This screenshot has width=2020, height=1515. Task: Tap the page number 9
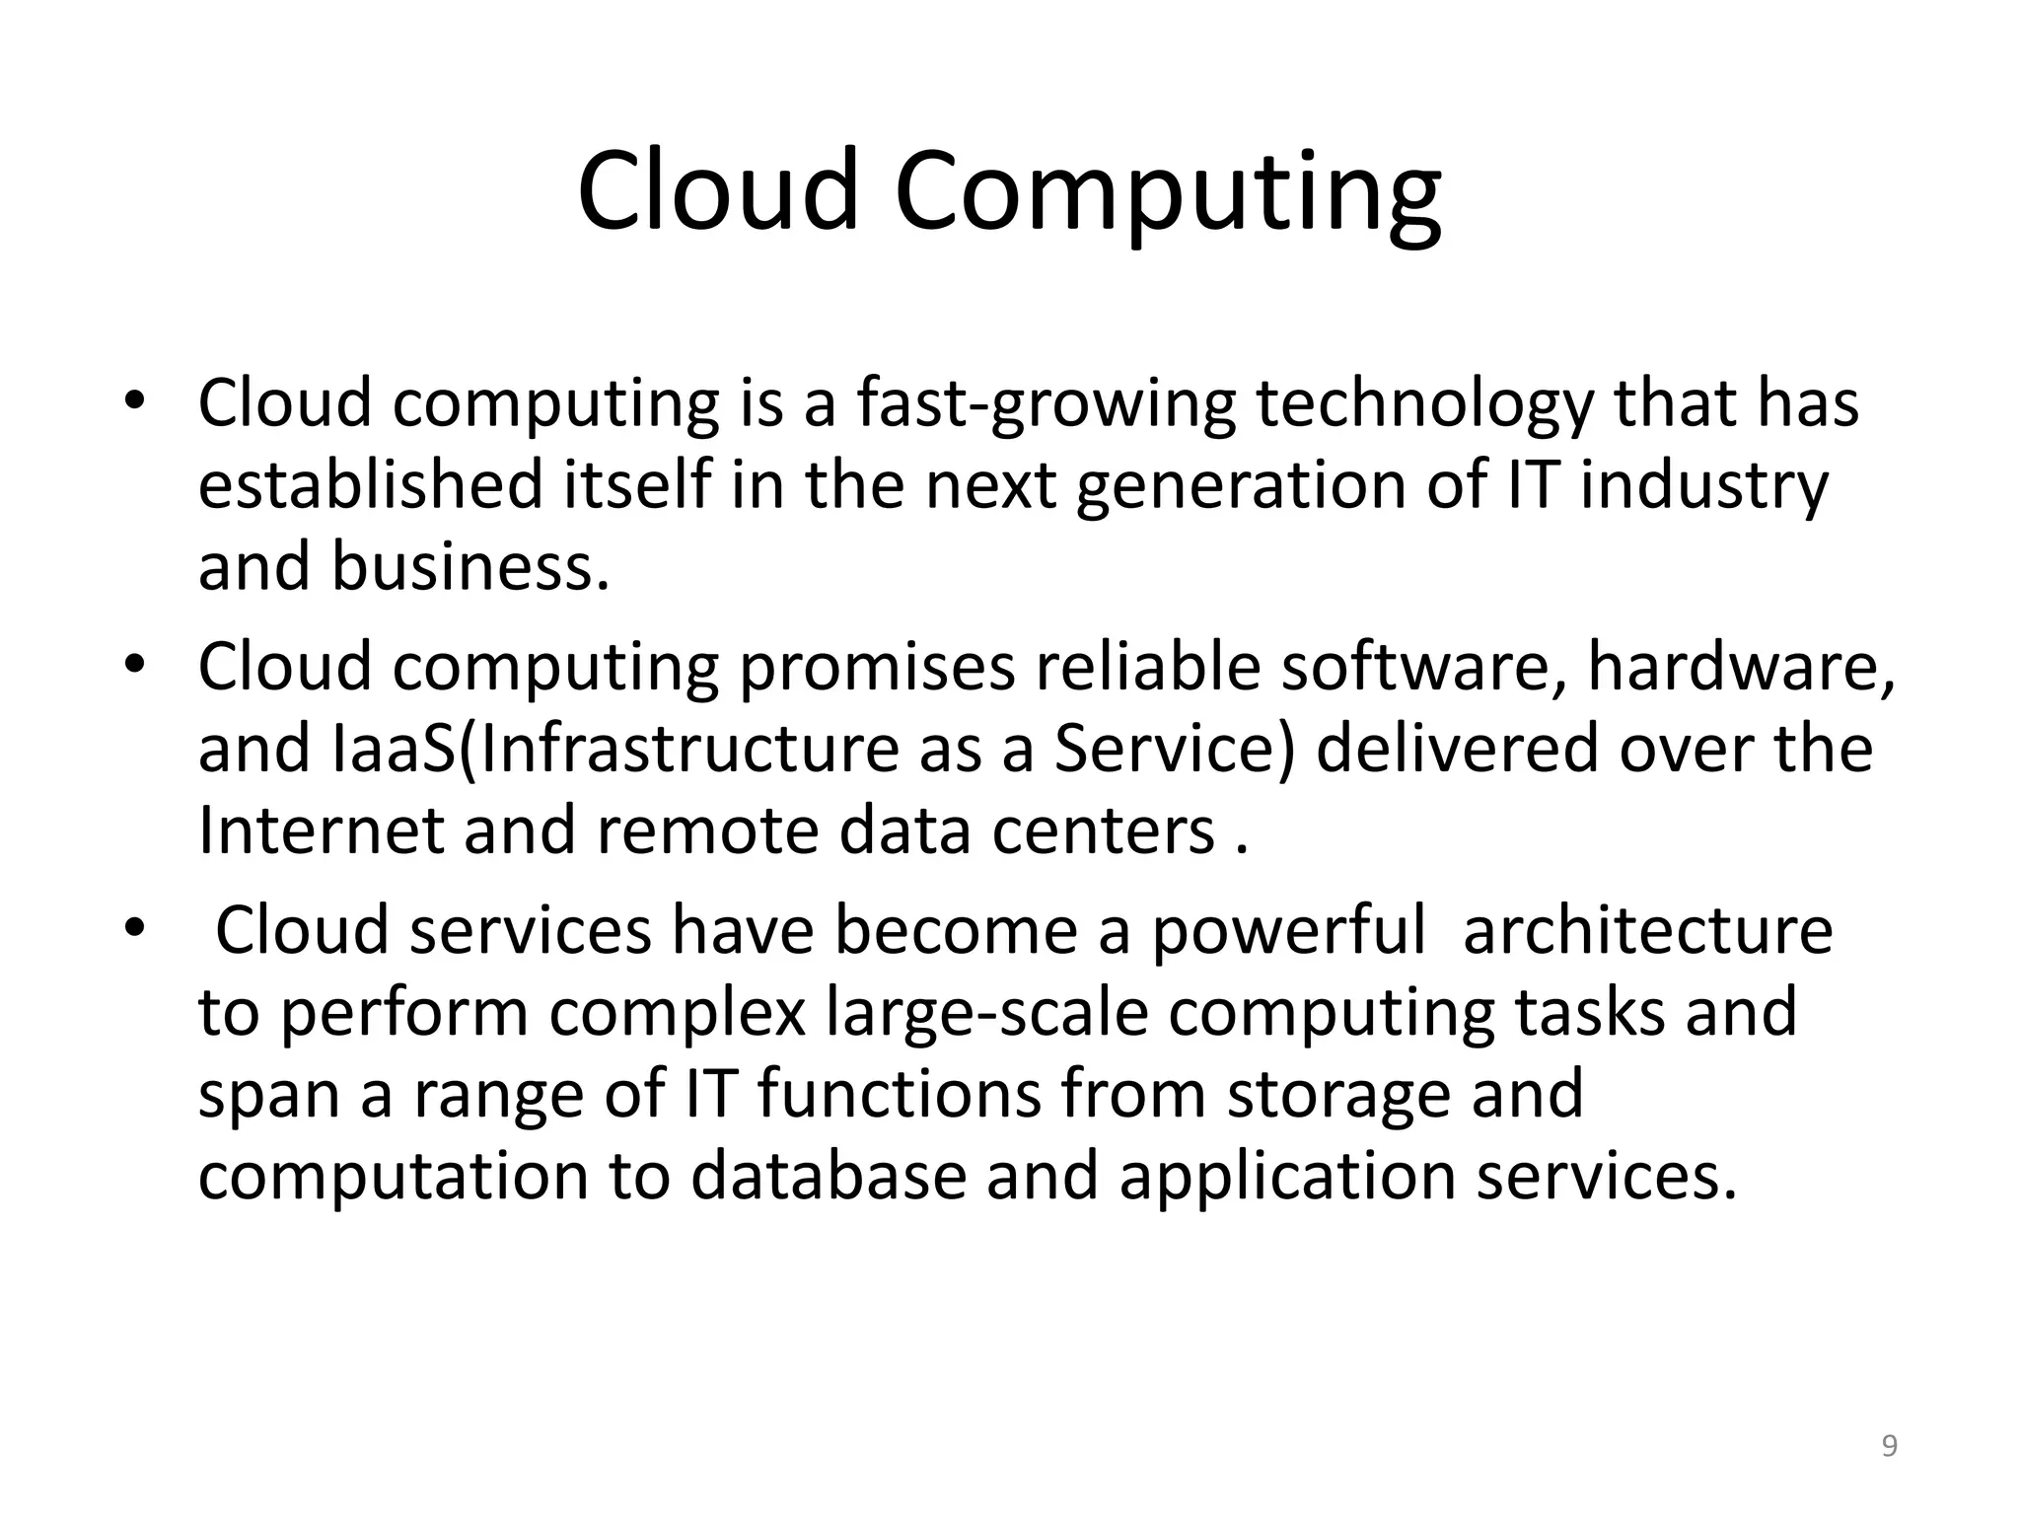point(1889,1446)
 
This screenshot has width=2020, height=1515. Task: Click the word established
point(371,485)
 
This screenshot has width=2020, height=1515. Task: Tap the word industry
point(1704,487)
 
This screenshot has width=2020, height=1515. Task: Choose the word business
point(469,568)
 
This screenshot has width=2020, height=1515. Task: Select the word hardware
point(1741,668)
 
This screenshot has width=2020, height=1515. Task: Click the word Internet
point(321,830)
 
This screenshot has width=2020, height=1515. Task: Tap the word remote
point(707,830)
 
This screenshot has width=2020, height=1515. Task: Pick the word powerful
point(1288,931)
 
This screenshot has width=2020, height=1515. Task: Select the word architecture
point(1647,931)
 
